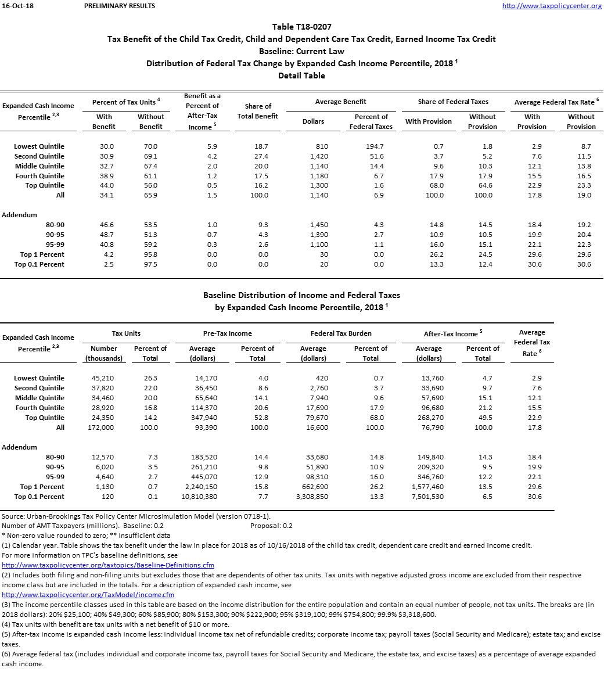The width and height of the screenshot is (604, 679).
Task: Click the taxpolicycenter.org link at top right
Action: point(551,6)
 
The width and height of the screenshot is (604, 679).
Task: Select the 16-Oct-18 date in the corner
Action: point(15,6)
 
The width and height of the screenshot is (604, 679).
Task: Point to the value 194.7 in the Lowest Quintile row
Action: point(371,146)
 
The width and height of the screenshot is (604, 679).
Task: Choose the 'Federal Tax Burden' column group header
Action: point(341,333)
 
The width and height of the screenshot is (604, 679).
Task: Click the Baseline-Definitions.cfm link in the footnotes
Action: point(108,565)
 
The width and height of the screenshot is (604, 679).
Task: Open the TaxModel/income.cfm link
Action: point(88,595)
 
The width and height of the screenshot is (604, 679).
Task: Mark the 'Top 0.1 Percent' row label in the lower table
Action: point(39,497)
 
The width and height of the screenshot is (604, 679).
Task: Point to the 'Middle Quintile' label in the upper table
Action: point(39,166)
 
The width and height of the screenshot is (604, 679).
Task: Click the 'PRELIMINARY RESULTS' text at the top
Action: point(120,6)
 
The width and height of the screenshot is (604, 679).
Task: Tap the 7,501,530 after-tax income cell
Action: point(429,497)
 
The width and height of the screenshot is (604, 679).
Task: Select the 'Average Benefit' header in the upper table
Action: point(341,102)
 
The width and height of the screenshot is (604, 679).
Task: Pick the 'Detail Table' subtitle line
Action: point(301,76)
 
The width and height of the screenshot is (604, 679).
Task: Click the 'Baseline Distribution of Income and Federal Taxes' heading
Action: point(301,295)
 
